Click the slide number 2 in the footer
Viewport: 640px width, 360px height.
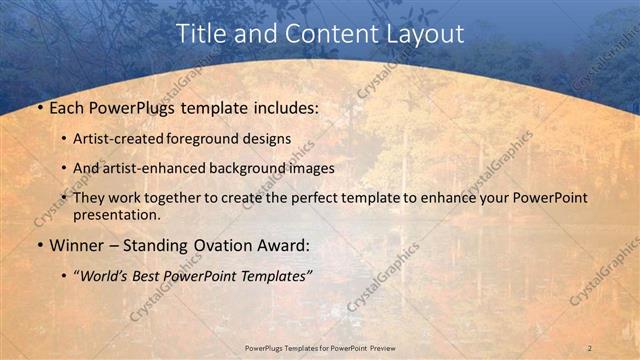tap(589, 347)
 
